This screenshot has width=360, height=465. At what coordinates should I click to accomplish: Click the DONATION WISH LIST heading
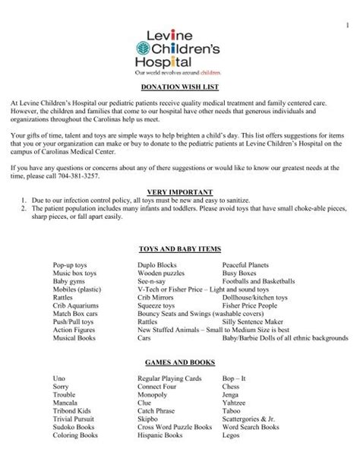179,88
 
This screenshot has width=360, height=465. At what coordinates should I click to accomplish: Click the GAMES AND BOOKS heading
179,364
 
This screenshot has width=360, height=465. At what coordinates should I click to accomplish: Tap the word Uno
59,378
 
